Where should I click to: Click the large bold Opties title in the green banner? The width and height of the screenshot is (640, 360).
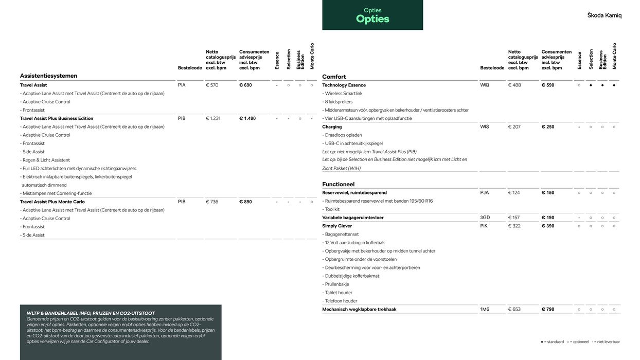[372, 19]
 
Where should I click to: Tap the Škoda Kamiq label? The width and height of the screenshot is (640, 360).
[604, 15]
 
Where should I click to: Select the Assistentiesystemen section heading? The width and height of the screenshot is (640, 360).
[48, 76]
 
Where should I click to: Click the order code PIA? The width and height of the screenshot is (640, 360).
[182, 85]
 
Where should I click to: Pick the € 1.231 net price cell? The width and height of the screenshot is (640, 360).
[213, 118]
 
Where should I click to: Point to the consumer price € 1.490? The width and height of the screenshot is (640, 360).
[247, 118]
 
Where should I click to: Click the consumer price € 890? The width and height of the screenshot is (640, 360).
[245, 202]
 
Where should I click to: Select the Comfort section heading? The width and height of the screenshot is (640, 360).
[334, 77]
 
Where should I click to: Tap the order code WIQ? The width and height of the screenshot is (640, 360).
[485, 85]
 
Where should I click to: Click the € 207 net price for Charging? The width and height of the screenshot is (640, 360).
[514, 127]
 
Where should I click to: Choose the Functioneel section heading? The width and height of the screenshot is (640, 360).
[338, 184]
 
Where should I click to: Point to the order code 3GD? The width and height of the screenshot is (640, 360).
[485, 218]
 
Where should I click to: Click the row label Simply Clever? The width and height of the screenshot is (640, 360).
[337, 226]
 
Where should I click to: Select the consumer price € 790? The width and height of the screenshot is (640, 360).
[548, 309]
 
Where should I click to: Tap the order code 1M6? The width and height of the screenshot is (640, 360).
[485, 309]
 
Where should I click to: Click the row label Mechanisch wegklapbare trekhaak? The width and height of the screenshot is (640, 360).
[359, 309]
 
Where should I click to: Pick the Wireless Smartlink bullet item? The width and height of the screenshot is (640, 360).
[343, 94]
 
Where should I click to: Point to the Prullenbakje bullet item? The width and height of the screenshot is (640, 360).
[336, 284]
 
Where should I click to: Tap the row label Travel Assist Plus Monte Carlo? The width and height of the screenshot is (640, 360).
[52, 202]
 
